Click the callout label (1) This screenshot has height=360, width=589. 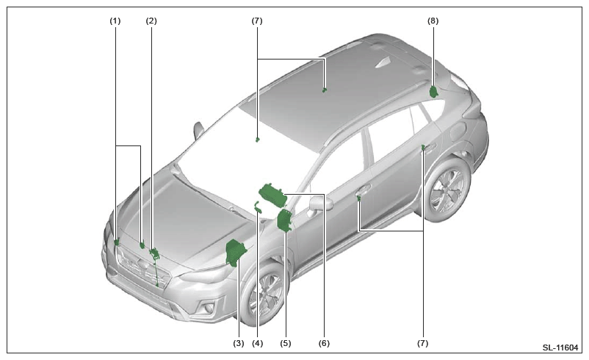[115, 21]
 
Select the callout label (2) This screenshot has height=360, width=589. [151, 21]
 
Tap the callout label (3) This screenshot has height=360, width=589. [238, 343]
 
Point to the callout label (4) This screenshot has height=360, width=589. [257, 343]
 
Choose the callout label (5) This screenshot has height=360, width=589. [285, 343]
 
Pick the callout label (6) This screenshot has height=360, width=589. [324, 343]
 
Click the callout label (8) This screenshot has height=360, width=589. [433, 21]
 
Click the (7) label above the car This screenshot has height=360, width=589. [257, 21]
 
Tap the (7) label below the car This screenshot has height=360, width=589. [422, 343]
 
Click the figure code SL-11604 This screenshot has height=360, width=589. [560, 348]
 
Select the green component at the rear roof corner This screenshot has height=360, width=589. [434, 92]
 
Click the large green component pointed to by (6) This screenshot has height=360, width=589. [273, 195]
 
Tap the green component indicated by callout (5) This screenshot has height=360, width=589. [284, 220]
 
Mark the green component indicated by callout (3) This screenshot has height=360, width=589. [236, 252]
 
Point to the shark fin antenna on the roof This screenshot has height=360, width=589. [383, 63]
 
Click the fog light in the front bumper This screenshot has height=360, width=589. [208, 309]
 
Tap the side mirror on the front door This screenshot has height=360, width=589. [322, 203]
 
